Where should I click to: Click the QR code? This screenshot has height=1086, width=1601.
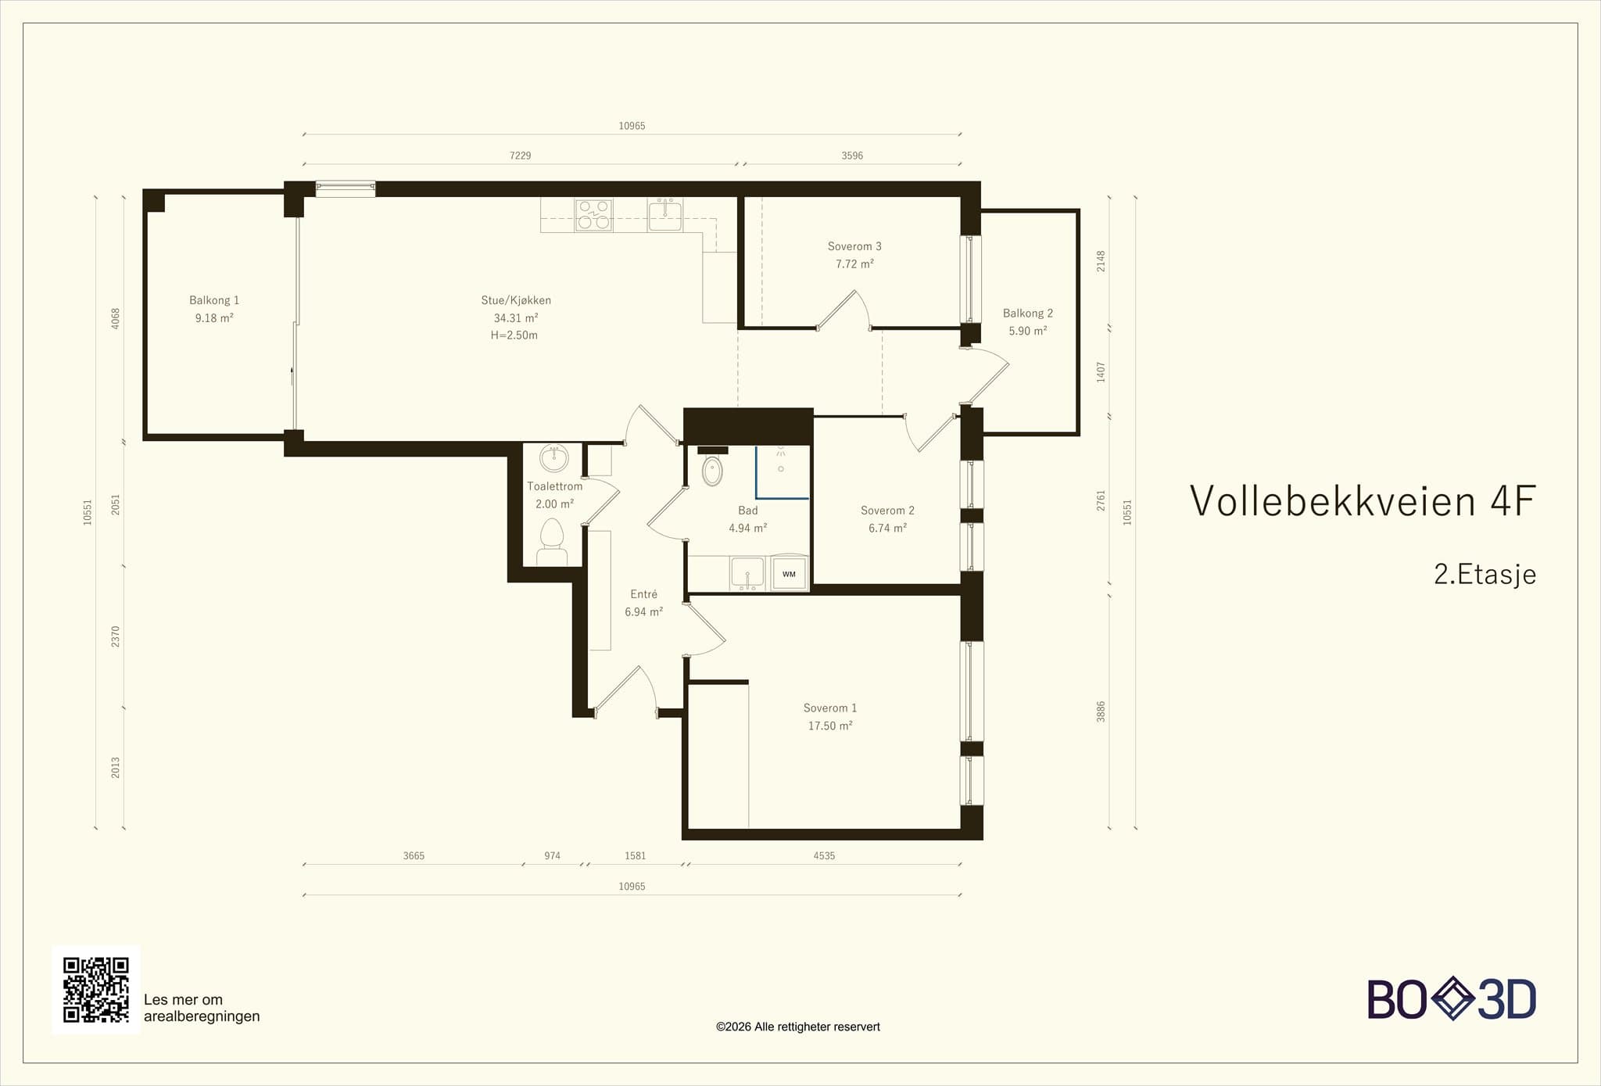coord(96,989)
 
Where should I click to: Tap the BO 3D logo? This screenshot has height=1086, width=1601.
coord(1452,998)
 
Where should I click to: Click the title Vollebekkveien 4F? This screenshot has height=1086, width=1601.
coord(1363,501)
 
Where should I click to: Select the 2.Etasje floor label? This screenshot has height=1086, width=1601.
coord(1485,575)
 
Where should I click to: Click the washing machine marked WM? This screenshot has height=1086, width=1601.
coord(789,574)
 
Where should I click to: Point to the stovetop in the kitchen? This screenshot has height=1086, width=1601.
coord(593,215)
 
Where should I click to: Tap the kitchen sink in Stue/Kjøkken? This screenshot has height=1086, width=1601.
coord(665,215)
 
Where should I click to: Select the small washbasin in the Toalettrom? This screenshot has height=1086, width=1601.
coord(555,459)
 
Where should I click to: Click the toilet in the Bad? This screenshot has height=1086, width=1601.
coord(712,471)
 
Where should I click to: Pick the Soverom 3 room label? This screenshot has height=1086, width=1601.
coord(854,246)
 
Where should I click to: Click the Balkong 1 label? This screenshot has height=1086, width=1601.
coord(214,300)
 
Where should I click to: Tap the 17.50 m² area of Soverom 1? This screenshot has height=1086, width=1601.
coord(830,726)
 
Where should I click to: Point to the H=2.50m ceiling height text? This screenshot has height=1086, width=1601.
coord(514,335)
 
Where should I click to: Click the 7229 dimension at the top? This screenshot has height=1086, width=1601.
coord(520,156)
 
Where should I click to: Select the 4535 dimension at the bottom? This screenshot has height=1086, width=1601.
coord(824,855)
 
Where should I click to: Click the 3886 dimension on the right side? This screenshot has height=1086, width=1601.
coord(1101,711)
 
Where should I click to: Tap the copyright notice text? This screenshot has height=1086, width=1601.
coord(797,1027)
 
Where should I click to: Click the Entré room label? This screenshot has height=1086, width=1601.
coord(644,594)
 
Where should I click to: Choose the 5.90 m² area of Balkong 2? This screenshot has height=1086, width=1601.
coord(1028,331)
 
